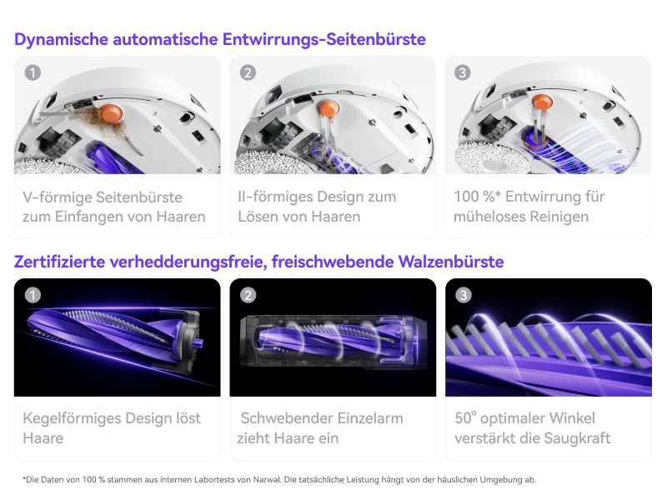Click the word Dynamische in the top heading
pos(61,39)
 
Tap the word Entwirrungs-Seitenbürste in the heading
pos(323,39)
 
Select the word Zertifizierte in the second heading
pos(59,262)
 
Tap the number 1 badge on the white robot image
pos(33,72)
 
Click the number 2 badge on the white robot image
pos(248,72)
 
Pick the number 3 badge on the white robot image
pos(463,72)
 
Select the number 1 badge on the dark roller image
pos(33,295)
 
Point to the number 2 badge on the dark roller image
pos(248,295)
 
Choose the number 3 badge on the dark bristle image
pos(464,295)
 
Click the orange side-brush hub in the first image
pos(112,113)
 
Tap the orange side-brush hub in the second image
pos(328,108)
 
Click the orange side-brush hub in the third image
pos(543,102)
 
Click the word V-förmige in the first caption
pos(58,197)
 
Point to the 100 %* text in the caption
pos(477,197)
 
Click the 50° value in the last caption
pos(465,418)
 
